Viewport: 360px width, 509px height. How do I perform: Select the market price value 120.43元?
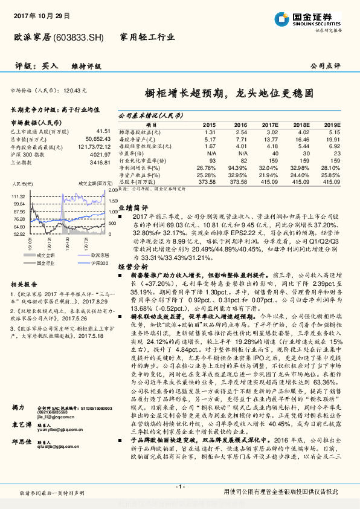pyautogui.click(x=75, y=90)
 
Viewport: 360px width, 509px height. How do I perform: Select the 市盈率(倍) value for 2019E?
pyautogui.click(x=336, y=154)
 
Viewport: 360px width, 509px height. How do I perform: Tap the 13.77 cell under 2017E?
pyautogui.click(x=270, y=138)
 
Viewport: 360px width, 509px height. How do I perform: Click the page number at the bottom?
pyautogui.click(x=180, y=486)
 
